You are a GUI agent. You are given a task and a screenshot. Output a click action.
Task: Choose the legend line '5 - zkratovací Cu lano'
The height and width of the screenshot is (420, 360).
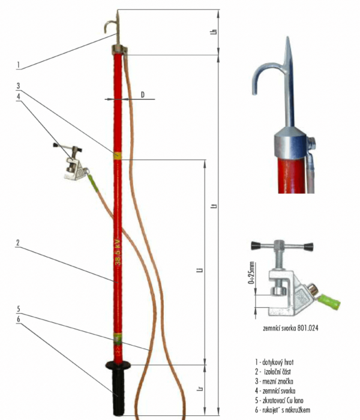[x=282, y=400]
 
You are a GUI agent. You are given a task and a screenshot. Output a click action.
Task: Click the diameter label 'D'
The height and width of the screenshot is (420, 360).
[x=143, y=95]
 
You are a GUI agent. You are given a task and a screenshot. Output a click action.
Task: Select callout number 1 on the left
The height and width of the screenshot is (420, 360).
[x=19, y=65]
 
